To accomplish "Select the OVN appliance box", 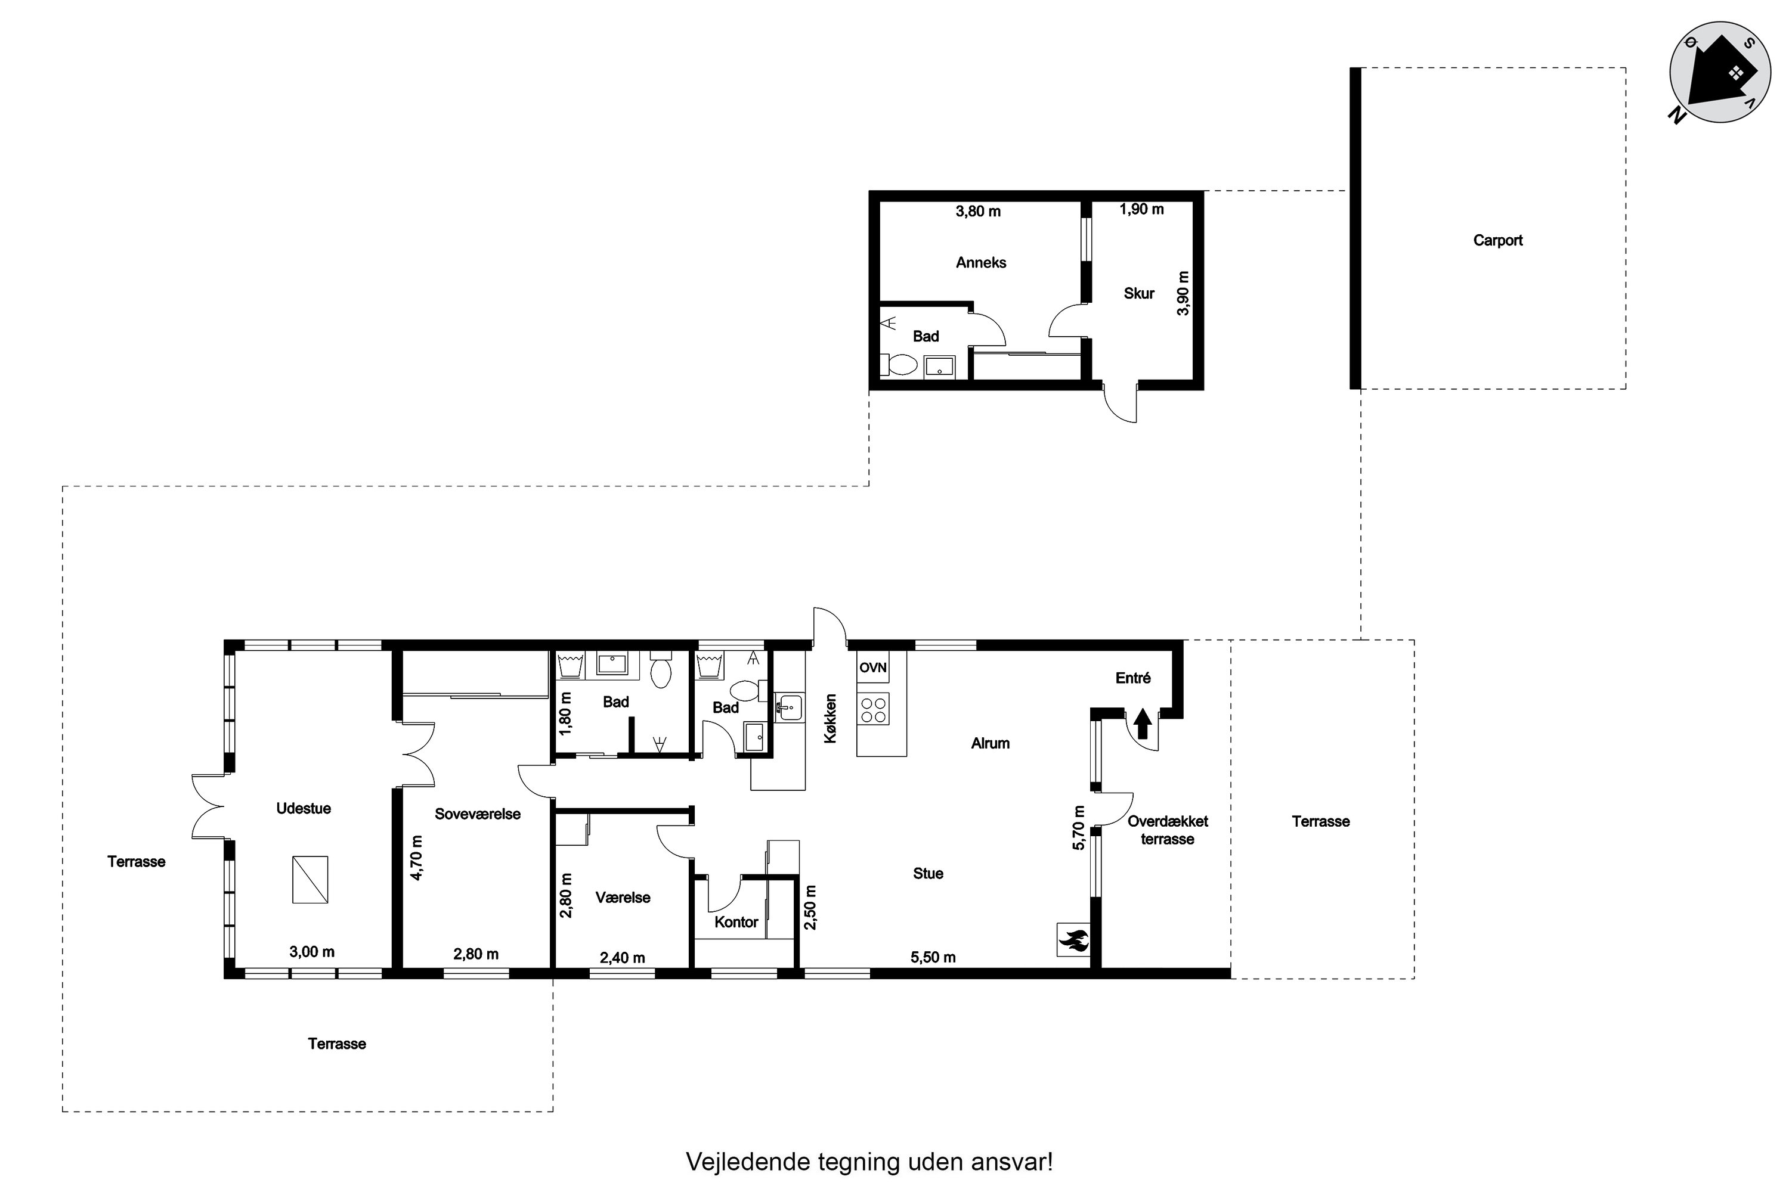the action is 873,668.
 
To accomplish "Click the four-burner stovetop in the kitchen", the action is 873,709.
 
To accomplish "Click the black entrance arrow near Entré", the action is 1142,724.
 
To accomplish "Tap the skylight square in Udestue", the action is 310,880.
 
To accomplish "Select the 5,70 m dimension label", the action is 1078,827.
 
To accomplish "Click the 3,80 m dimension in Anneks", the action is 978,212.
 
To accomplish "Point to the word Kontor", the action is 736,922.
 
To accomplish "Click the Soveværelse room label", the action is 478,814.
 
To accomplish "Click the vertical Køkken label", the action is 830,718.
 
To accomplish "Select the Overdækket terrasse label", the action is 1168,830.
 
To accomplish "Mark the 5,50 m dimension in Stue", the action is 933,957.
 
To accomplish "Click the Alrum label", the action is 991,743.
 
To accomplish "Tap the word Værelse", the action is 623,898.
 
